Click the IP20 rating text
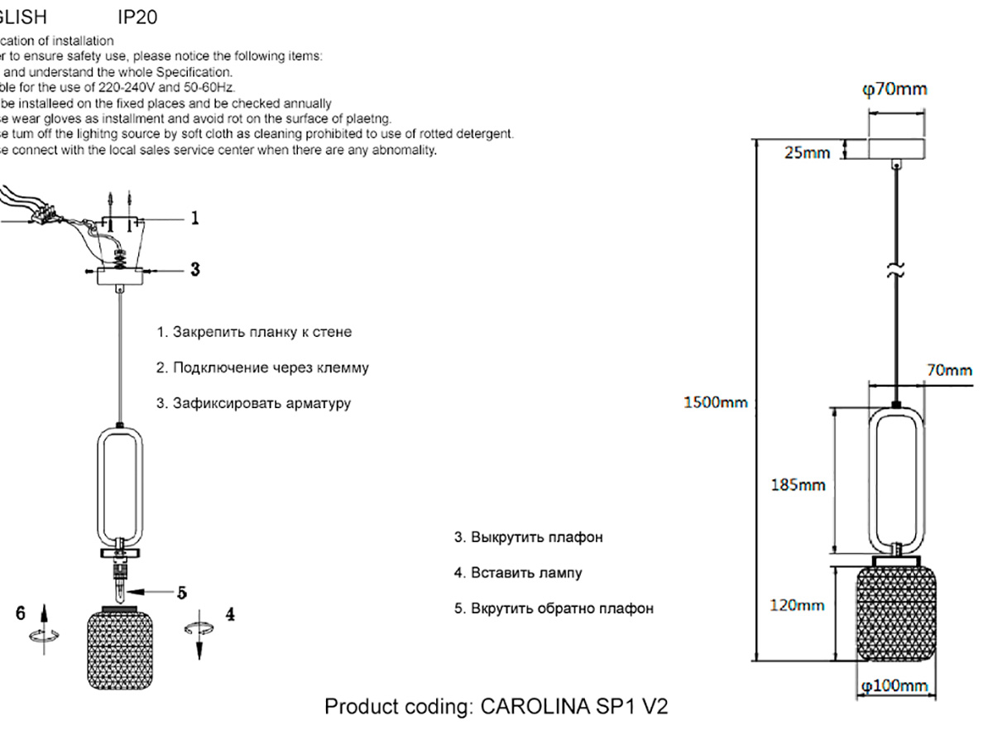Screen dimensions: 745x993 [x=138, y=17]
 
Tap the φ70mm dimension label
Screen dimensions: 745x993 [x=895, y=89]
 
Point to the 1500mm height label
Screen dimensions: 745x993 [x=715, y=403]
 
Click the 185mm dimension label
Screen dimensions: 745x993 [x=798, y=485]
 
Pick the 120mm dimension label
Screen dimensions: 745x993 [x=798, y=605]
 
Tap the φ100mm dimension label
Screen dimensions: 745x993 [x=895, y=686]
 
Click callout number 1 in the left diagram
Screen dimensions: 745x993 [x=194, y=218]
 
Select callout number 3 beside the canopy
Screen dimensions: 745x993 [x=194, y=269]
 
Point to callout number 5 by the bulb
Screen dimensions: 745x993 [x=182, y=592]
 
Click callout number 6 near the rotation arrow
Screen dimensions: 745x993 [x=21, y=613]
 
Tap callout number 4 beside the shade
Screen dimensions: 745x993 [x=230, y=614]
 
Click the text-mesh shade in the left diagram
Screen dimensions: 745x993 [x=122, y=650]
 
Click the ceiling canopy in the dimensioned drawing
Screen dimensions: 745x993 [x=896, y=149]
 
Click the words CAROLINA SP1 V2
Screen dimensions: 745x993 [x=574, y=707]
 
